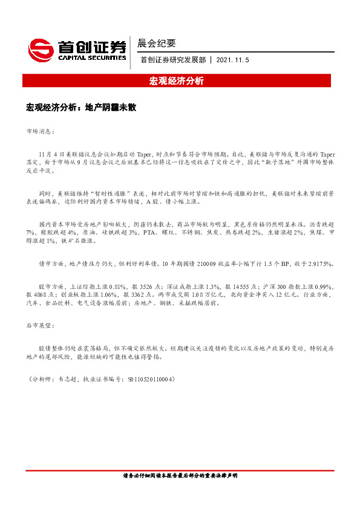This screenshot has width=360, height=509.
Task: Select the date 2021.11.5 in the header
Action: tap(232, 60)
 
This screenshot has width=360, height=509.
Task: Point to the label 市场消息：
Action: tap(40, 131)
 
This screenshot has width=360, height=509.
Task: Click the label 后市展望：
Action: tap(40, 326)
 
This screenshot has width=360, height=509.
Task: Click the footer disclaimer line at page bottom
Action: tap(180, 476)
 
